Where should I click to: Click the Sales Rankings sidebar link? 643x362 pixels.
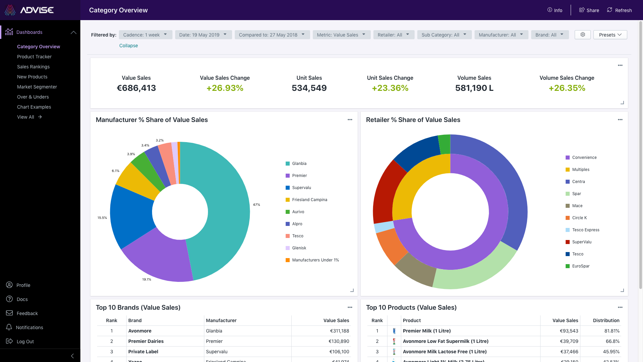33,67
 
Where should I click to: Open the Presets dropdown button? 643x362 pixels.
610,35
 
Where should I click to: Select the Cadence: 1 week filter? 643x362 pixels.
145,35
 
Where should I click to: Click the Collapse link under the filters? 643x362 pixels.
129,46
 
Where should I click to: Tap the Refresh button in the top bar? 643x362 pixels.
619,10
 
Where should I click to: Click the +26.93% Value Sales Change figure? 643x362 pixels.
225,88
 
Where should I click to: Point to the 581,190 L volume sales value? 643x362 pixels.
474,88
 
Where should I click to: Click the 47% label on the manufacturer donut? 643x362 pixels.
257,204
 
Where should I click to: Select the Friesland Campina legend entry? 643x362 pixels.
309,200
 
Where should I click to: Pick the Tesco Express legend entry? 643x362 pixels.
585,230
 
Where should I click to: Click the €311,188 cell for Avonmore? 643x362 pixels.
339,331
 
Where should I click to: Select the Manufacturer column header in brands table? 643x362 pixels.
221,320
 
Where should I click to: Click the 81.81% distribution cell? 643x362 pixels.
612,331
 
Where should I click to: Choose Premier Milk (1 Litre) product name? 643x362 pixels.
427,331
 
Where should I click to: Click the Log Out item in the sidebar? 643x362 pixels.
25,342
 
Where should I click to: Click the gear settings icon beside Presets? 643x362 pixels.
583,35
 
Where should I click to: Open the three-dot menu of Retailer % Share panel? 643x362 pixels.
620,120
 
